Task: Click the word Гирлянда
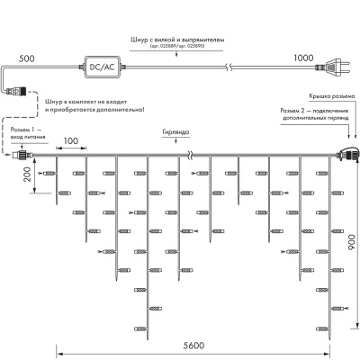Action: pyautogui.click(x=176, y=130)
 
